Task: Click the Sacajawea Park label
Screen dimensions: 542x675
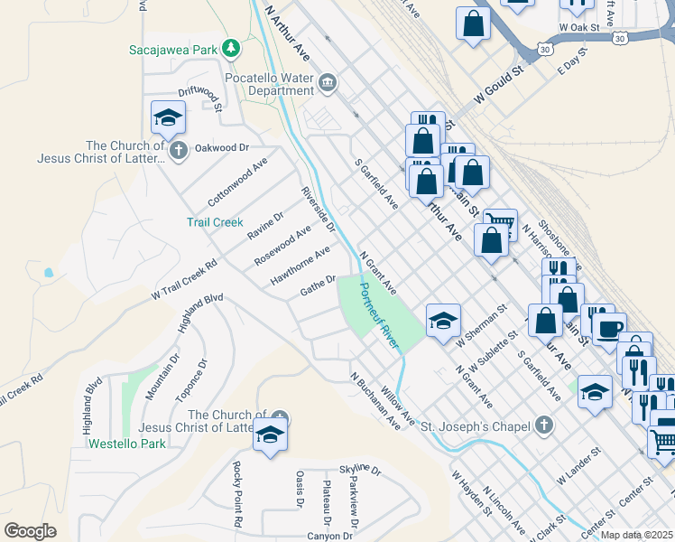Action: [174, 49]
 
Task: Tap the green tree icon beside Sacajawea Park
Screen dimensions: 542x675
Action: [232, 47]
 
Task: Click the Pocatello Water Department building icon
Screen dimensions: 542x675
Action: [327, 85]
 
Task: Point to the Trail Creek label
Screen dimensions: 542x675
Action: [215, 222]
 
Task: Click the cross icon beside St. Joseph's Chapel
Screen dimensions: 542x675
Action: [543, 424]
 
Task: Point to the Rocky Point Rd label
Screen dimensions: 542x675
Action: [237, 494]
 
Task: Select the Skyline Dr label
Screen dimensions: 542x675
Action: [360, 472]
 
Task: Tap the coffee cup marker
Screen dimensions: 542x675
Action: [608, 326]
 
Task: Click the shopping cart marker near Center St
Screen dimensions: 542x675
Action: [662, 442]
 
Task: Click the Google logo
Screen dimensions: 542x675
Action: [30, 531]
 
